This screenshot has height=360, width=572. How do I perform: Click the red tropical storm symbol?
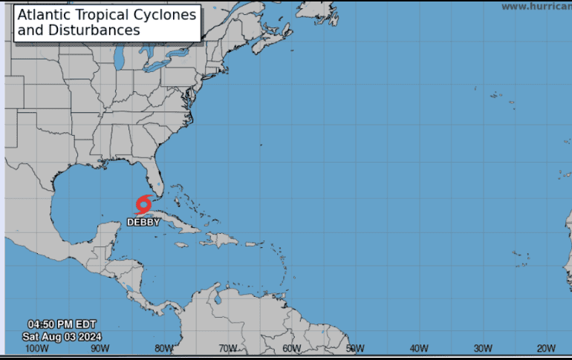144,203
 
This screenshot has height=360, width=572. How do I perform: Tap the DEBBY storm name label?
143,221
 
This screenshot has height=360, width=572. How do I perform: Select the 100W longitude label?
36,349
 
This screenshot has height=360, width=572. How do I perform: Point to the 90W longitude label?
100,349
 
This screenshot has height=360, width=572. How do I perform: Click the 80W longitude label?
164,349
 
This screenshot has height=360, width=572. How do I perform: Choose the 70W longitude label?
228,349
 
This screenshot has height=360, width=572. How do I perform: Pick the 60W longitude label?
292,349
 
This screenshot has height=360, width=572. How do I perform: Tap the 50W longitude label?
355,349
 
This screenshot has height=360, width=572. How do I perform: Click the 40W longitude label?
419,349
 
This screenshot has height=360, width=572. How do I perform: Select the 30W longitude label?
483,349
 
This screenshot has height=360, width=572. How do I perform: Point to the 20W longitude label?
547,349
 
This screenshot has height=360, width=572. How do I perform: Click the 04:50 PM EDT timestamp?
62,324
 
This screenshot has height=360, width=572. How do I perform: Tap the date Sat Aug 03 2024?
62,336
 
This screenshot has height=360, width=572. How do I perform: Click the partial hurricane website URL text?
536,6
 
